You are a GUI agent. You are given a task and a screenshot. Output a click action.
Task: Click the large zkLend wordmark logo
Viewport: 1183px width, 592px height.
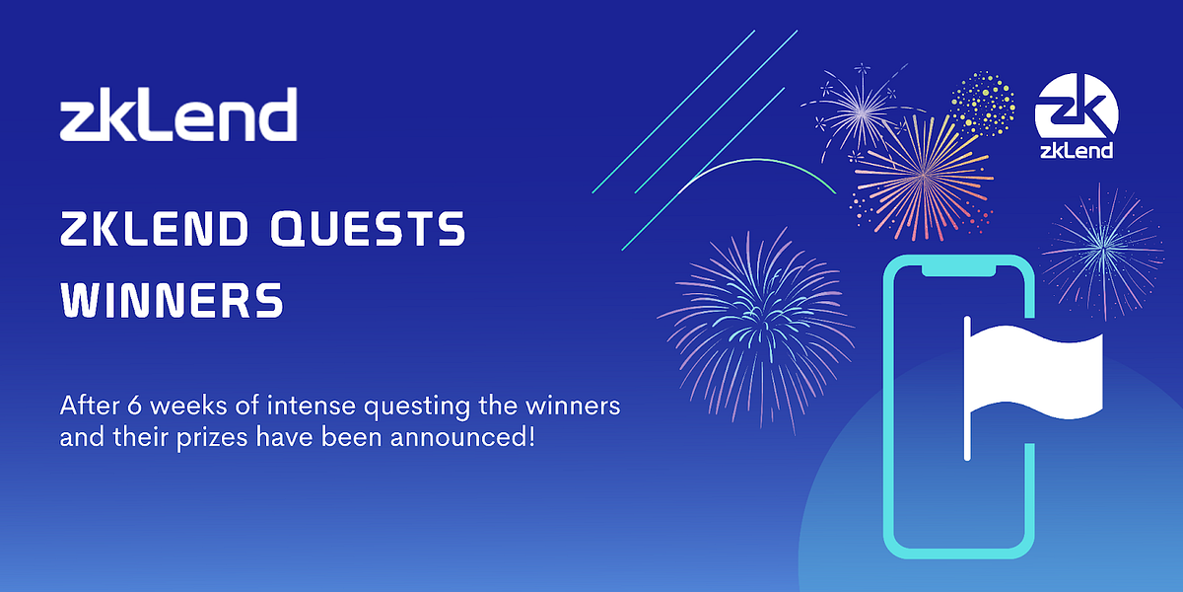pos(177,115)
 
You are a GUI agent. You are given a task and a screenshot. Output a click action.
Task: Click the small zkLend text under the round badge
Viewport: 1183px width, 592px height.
pos(1076,151)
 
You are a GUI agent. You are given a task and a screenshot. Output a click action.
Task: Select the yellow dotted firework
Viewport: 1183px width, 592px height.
pos(982,102)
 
